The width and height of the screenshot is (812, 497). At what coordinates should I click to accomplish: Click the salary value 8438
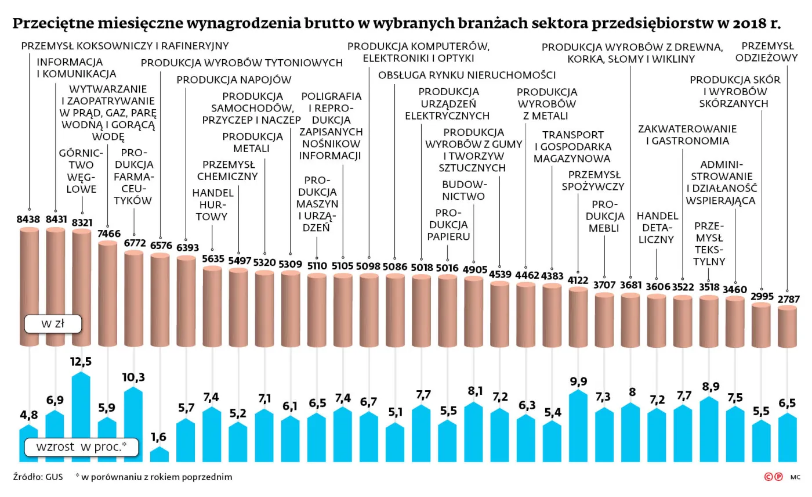(28, 219)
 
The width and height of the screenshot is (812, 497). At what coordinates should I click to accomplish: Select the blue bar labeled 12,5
(81, 418)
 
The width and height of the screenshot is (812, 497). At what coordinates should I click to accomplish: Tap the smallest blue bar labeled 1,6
(159, 455)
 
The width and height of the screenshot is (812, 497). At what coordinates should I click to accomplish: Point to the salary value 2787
(787, 300)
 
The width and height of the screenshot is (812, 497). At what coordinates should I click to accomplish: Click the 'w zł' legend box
(52, 324)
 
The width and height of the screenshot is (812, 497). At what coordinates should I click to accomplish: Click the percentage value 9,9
(578, 381)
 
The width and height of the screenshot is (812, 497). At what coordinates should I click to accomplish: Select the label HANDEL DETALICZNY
(657, 227)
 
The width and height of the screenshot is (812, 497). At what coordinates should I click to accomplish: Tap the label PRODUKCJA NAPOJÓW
(234, 80)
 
